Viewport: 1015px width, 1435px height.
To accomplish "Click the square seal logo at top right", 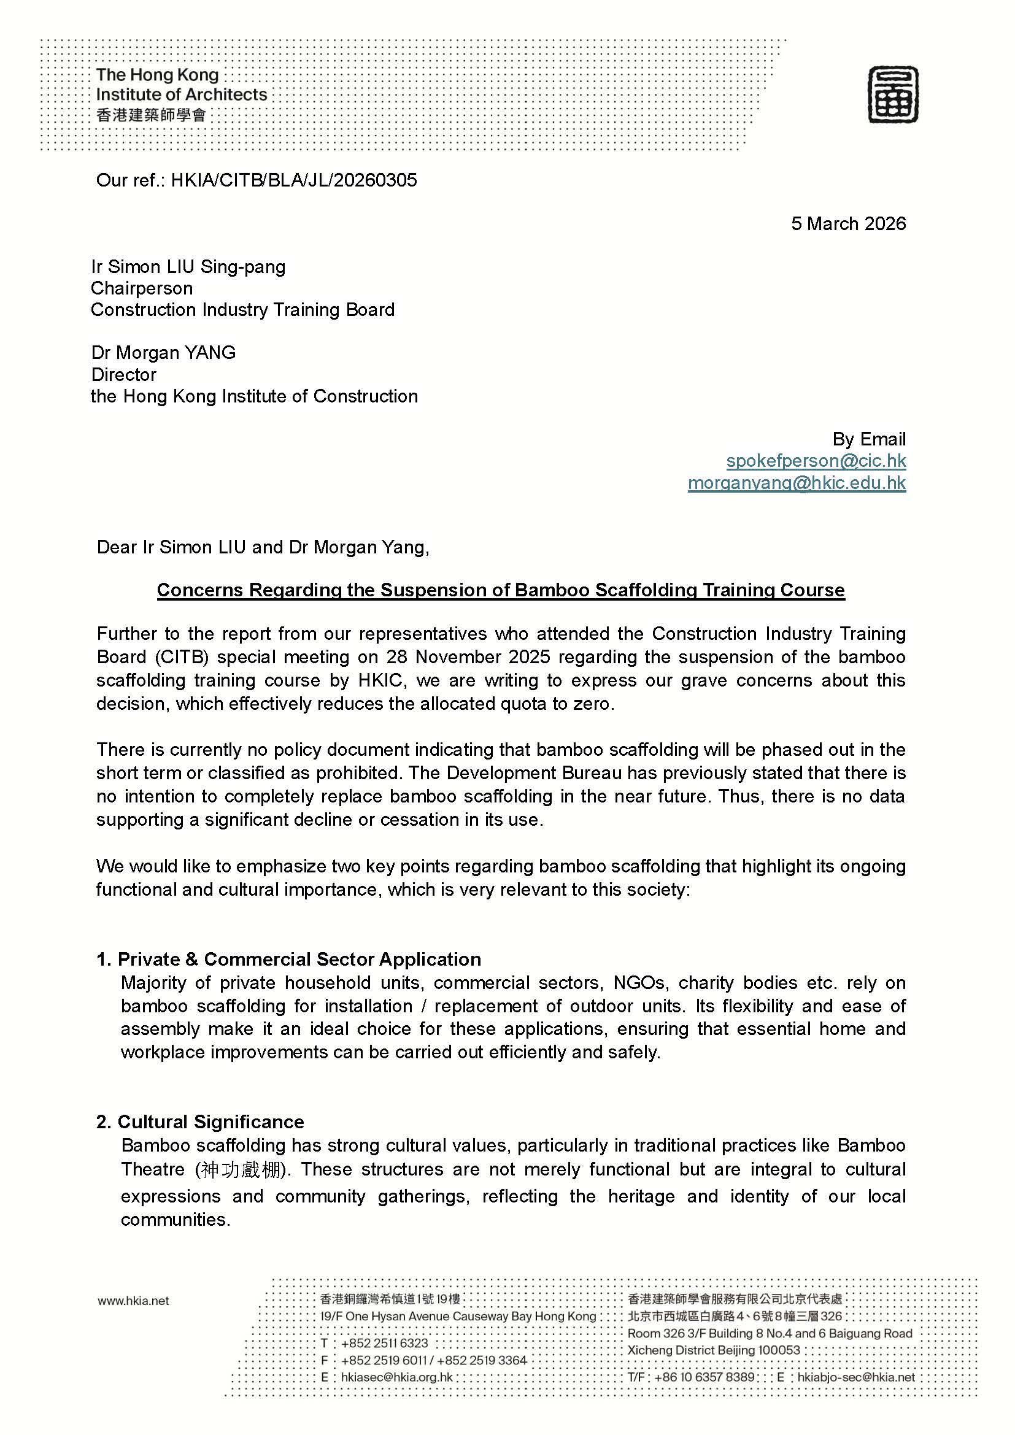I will click(892, 95).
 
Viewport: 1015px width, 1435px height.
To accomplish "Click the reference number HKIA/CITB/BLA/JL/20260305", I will click(294, 180).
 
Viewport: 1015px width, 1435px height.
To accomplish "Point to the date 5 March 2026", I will click(848, 224).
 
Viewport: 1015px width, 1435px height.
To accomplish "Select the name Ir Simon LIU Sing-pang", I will click(188, 267).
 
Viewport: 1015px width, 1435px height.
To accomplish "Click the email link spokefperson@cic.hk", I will click(816, 461).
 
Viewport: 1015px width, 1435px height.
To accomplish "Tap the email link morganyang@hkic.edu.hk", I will click(797, 482).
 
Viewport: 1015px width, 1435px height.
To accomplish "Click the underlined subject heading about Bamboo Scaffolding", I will click(501, 590).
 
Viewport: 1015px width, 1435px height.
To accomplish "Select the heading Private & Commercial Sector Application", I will click(299, 960).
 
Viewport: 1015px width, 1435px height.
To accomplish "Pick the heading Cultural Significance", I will click(210, 1122).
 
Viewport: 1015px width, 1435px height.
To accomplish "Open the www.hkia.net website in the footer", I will click(133, 1301).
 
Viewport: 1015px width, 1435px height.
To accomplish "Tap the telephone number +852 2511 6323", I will click(384, 1343).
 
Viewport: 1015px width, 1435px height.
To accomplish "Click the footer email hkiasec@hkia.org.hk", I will click(397, 1377).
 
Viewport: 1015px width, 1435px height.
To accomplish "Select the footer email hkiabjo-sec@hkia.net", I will click(855, 1377).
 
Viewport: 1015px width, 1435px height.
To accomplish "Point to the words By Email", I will click(869, 439).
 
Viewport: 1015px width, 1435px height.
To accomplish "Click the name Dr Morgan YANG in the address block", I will click(163, 353).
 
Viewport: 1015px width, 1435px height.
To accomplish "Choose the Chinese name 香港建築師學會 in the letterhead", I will click(151, 115).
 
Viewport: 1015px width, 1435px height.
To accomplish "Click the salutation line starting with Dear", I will click(263, 547).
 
